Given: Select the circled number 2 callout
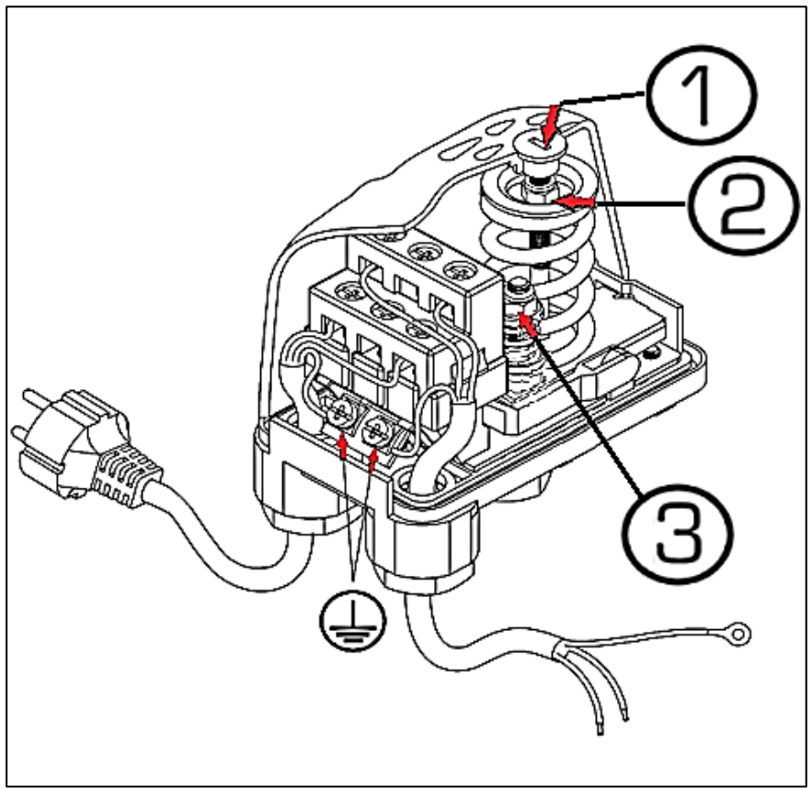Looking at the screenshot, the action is click(743, 204).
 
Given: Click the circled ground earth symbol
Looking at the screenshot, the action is click(352, 618).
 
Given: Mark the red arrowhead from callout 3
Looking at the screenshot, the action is click(527, 326).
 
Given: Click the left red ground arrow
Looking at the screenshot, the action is click(342, 446).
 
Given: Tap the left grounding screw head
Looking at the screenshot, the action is click(339, 413).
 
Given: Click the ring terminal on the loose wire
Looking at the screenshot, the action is click(738, 634).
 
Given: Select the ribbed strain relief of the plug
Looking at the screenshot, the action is click(123, 476).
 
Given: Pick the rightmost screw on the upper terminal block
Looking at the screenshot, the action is click(459, 270).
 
